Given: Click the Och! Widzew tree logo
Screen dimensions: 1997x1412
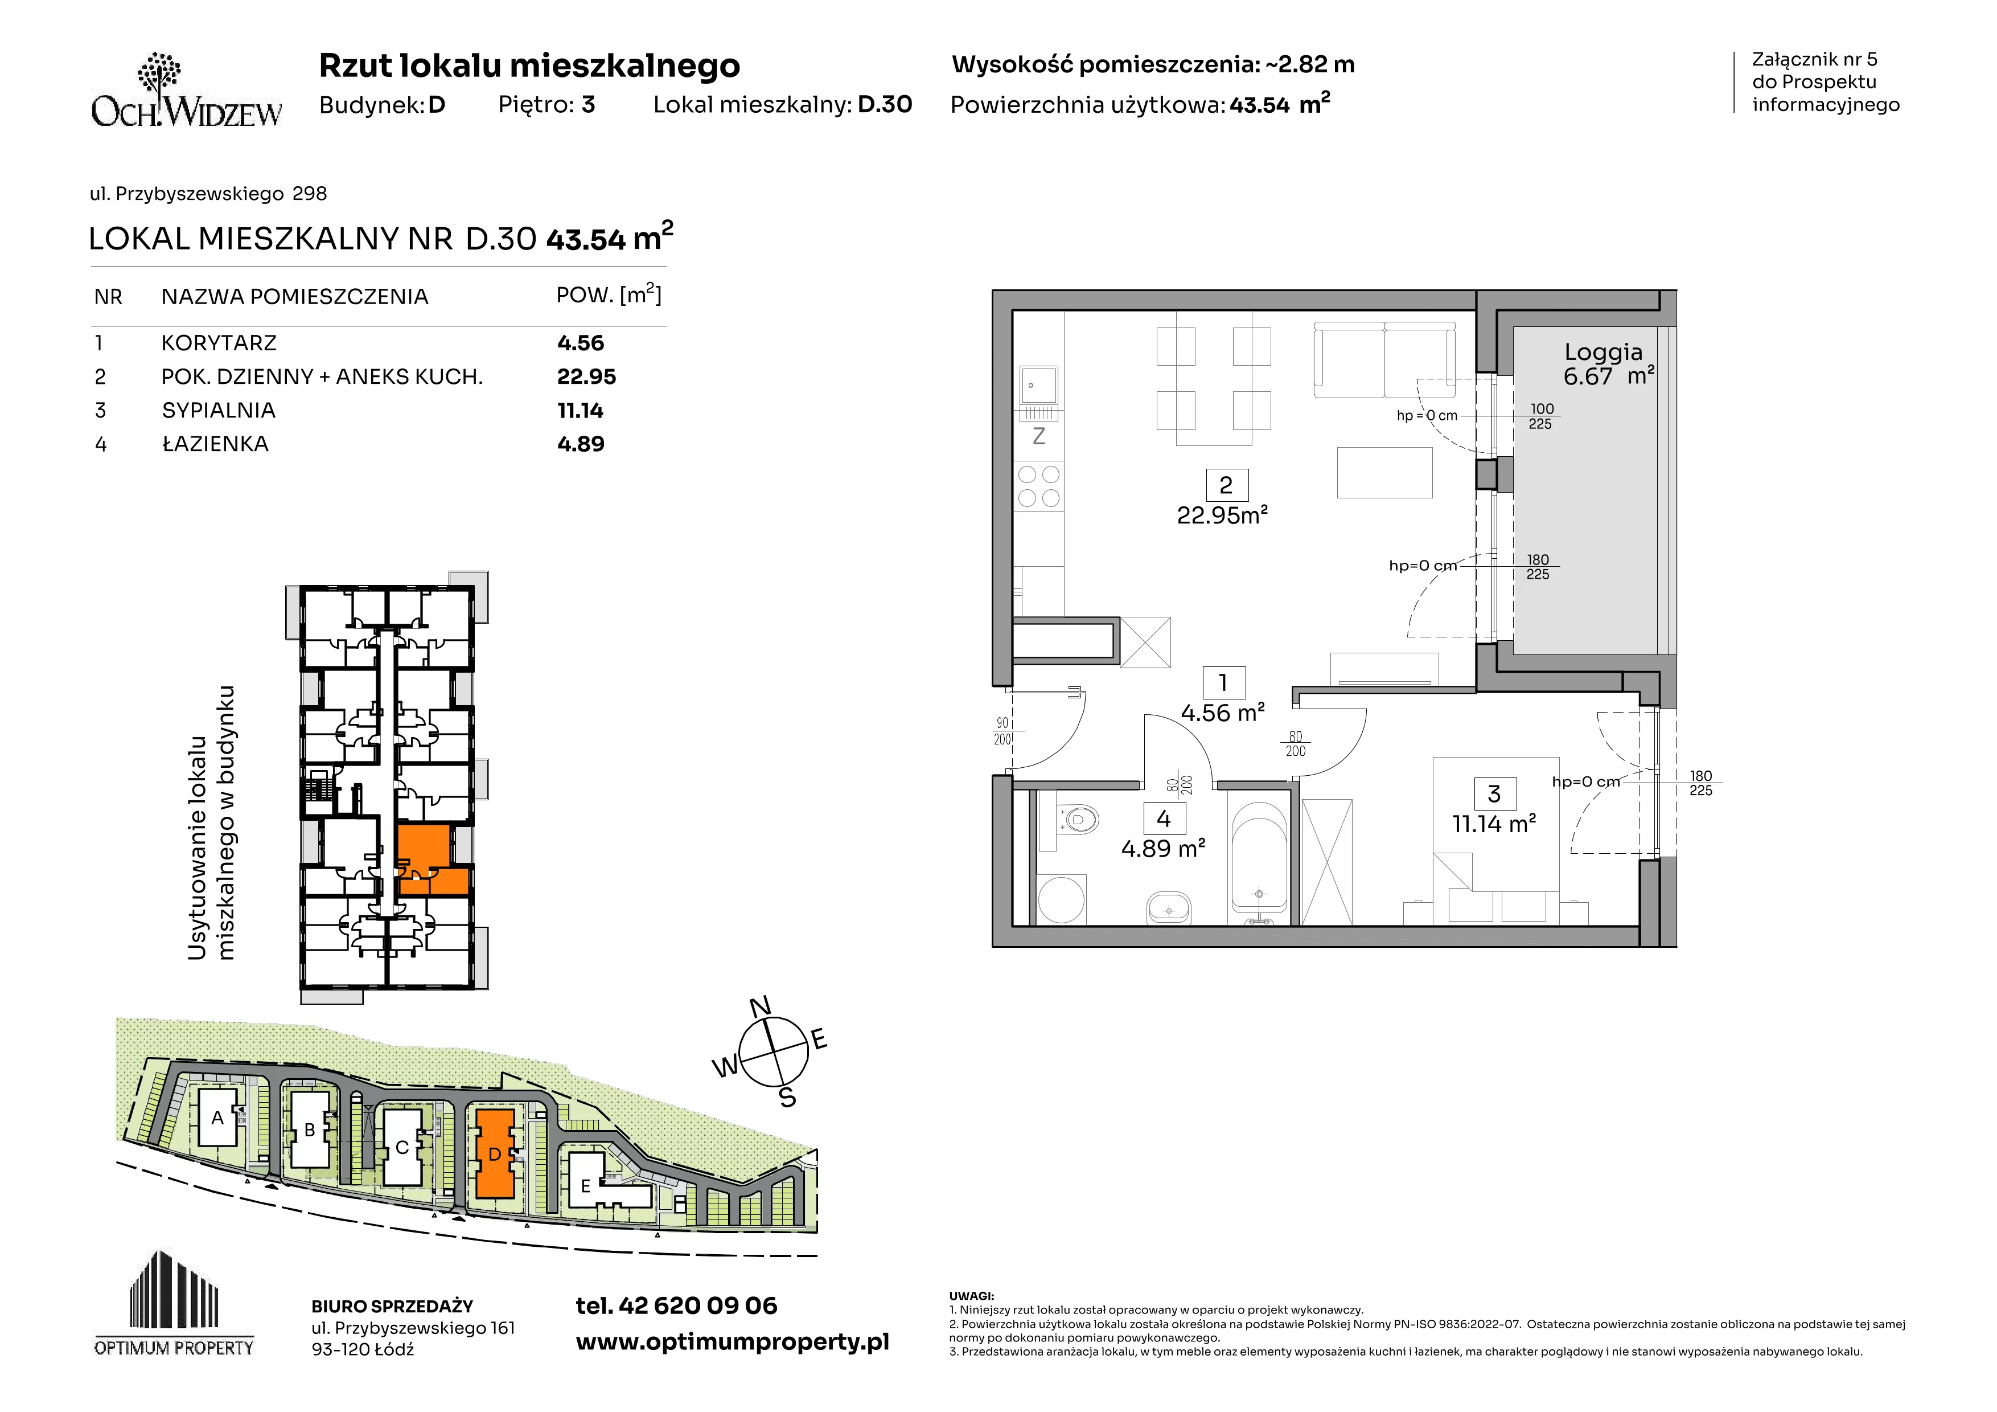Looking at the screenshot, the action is pyautogui.click(x=186, y=89).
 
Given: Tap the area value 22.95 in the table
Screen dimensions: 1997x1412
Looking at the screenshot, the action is pyautogui.click(x=586, y=376).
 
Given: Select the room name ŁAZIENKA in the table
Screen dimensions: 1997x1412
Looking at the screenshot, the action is pyautogui.click(x=215, y=444).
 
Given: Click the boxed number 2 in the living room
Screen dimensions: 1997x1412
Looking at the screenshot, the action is pyautogui.click(x=1226, y=485).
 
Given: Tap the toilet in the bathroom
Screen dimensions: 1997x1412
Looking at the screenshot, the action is pyautogui.click(x=1079, y=818).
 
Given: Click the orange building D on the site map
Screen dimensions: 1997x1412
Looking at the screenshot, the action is pyautogui.click(x=494, y=1153).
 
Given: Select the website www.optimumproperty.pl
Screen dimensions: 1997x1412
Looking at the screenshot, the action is pyautogui.click(x=732, y=1343).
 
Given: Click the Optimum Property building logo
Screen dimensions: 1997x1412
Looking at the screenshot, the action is pyautogui.click(x=174, y=1303).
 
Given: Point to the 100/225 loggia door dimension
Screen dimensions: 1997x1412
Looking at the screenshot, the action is pyautogui.click(x=1540, y=416).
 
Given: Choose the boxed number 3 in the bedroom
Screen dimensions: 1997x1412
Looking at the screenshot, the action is pyautogui.click(x=1494, y=793).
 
